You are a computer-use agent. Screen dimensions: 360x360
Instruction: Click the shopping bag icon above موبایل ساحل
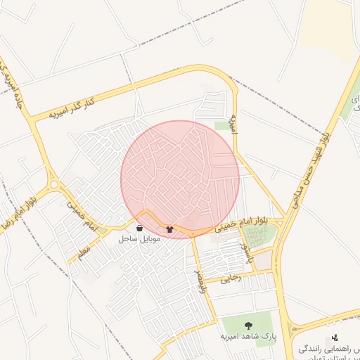(x=139, y=229)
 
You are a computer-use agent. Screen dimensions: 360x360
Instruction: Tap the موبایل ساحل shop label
(x=141, y=239)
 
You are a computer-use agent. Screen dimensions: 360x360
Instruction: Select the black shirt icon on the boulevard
(x=169, y=229)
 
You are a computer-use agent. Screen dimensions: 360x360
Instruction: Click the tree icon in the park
(x=247, y=326)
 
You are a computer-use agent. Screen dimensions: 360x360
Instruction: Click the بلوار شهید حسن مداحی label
(x=312, y=162)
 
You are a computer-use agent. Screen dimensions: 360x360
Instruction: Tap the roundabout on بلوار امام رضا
(x=54, y=184)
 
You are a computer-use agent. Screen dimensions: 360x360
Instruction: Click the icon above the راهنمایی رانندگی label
(x=335, y=337)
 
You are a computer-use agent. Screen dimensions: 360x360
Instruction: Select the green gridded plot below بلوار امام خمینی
(x=258, y=236)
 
